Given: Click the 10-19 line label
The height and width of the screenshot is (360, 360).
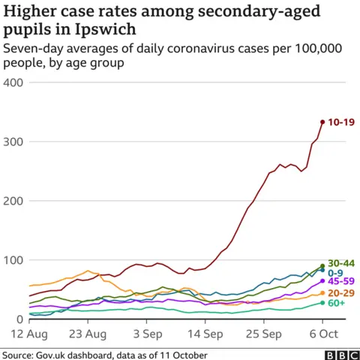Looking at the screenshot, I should (340, 121).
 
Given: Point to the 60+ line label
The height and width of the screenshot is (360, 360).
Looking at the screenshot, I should (337, 303).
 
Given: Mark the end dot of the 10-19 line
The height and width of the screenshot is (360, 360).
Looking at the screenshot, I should (322, 121).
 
